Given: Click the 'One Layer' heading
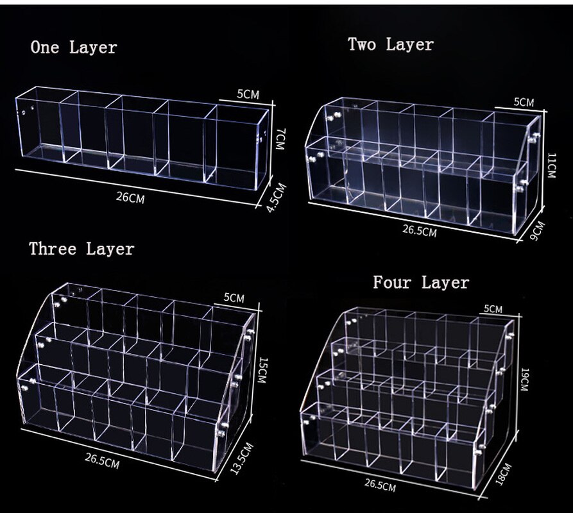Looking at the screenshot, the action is [74, 47].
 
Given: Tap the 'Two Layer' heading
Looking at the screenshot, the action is [391, 44].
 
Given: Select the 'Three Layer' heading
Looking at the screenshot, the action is [82, 249].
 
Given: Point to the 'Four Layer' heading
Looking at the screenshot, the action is [421, 283].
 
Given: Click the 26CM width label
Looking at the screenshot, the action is [130, 198].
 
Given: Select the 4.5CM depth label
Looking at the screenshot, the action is [277, 198].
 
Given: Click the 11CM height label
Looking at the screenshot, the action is [551, 166].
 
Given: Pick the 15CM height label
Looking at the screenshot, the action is [261, 370].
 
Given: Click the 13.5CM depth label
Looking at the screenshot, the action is [242, 458].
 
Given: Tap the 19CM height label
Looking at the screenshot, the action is [524, 380].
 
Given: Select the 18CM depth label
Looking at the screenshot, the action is [504, 474].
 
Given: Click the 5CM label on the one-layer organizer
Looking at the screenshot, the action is [248, 94].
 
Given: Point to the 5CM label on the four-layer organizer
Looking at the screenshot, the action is [493, 309].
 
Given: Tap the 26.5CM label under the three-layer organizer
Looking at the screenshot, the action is [102, 461].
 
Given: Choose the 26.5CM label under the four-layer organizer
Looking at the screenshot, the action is [380, 485].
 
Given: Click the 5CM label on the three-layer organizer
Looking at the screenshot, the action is [234, 298].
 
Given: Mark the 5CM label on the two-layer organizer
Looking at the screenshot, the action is [524, 102].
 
